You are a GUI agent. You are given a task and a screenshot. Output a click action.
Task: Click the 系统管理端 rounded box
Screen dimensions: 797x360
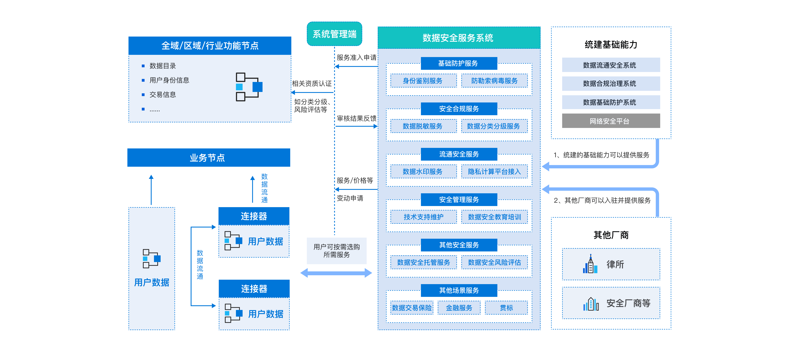334,34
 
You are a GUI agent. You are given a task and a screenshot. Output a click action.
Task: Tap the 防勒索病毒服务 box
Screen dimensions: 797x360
494,81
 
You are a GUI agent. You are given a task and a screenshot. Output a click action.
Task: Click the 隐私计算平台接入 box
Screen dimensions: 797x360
494,172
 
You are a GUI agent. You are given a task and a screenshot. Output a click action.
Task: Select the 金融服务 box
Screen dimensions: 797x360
459,308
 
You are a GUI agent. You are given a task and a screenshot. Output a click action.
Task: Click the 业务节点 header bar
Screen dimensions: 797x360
209,158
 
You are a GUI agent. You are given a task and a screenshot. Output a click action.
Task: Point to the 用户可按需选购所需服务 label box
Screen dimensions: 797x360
337,251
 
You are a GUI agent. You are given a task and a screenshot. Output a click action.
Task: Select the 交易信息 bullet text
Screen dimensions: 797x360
163,95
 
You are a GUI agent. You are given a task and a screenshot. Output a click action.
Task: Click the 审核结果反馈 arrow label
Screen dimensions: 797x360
356,118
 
